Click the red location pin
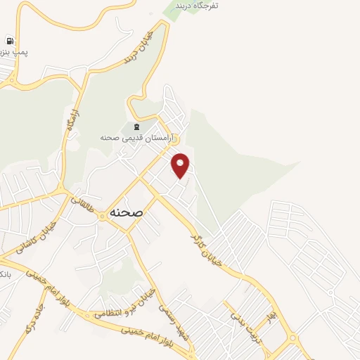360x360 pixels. (x=181, y=165)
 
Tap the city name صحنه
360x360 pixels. (x=127, y=212)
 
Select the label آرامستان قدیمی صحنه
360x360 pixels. (x=138, y=139)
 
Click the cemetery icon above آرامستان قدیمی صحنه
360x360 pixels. (x=136, y=127)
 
